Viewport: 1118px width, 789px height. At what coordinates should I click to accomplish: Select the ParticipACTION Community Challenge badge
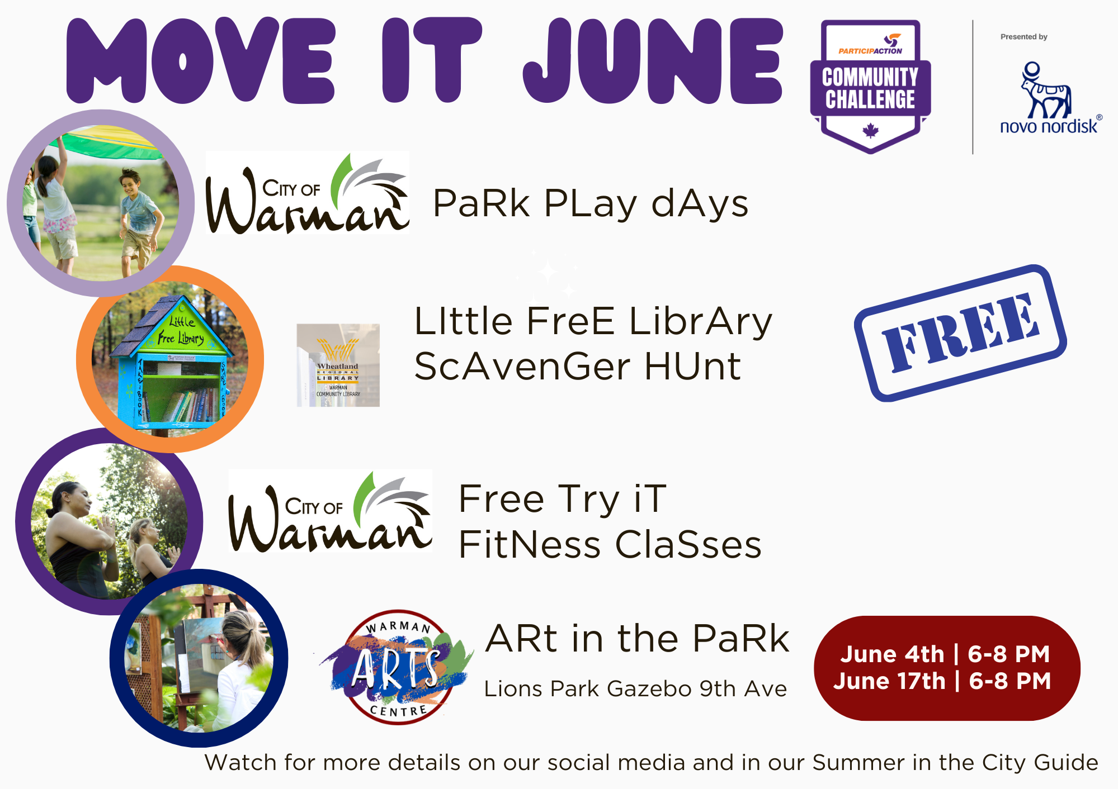870,87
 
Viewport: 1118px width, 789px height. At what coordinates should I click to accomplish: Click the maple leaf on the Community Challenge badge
870,131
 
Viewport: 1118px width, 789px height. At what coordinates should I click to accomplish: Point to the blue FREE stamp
960,333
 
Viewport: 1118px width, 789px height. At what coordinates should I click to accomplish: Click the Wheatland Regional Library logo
338,365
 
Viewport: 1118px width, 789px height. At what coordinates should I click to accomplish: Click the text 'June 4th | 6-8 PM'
945,654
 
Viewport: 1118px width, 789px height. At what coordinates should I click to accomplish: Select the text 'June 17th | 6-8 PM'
942,681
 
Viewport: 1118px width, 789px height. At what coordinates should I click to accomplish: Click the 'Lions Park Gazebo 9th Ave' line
635,689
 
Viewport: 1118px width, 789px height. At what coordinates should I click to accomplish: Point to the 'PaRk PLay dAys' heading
590,203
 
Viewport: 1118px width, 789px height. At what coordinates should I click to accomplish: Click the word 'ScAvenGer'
522,367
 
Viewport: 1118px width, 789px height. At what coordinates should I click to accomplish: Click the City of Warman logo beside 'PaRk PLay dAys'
307,193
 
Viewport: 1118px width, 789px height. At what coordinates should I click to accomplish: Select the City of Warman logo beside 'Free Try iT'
330,512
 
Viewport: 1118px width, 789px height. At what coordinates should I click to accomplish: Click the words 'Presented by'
1023,37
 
